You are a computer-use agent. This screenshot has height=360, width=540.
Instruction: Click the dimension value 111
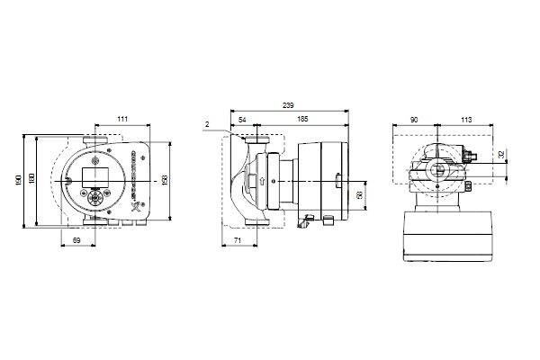(x=121, y=119)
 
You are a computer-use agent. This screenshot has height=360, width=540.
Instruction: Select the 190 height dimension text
(x=18, y=181)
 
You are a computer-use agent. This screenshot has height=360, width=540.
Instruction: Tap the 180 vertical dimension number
(x=32, y=180)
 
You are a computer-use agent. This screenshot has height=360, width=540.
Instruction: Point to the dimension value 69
(x=76, y=240)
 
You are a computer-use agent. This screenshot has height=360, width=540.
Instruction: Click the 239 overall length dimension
(x=287, y=105)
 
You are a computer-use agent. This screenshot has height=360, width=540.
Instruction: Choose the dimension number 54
(x=243, y=119)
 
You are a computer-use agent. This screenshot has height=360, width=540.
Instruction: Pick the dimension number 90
(x=412, y=119)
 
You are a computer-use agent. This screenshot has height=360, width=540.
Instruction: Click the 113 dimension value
(x=466, y=119)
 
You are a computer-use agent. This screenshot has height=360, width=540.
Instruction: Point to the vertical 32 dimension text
(x=502, y=155)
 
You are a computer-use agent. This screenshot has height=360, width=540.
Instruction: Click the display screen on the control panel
(x=94, y=171)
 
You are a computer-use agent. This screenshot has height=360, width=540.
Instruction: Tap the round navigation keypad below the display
(x=94, y=194)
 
